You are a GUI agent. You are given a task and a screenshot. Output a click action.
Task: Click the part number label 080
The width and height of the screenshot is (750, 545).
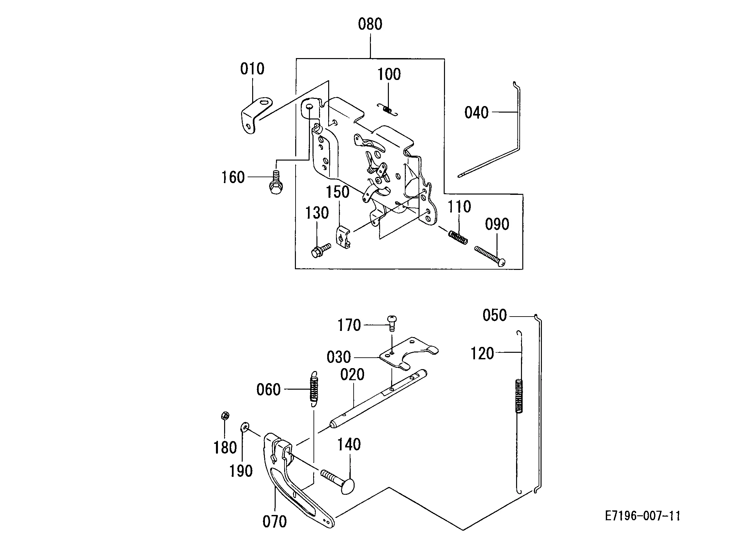coord(370,24)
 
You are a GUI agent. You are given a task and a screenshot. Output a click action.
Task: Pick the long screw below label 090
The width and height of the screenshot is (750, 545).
coord(490,256)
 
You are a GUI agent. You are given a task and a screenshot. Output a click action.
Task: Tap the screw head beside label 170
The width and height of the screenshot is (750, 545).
coord(392,323)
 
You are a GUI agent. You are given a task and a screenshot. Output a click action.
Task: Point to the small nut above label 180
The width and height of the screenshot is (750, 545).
coord(225,416)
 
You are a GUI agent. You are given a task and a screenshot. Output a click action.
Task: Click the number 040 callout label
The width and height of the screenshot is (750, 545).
coord(476,113)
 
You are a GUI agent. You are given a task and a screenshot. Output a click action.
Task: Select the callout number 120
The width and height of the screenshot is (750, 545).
coord(482,354)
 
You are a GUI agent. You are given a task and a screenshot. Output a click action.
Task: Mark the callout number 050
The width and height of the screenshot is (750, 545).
coord(495,315)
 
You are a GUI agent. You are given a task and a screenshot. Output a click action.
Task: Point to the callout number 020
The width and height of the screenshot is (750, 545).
coord(352,375)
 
